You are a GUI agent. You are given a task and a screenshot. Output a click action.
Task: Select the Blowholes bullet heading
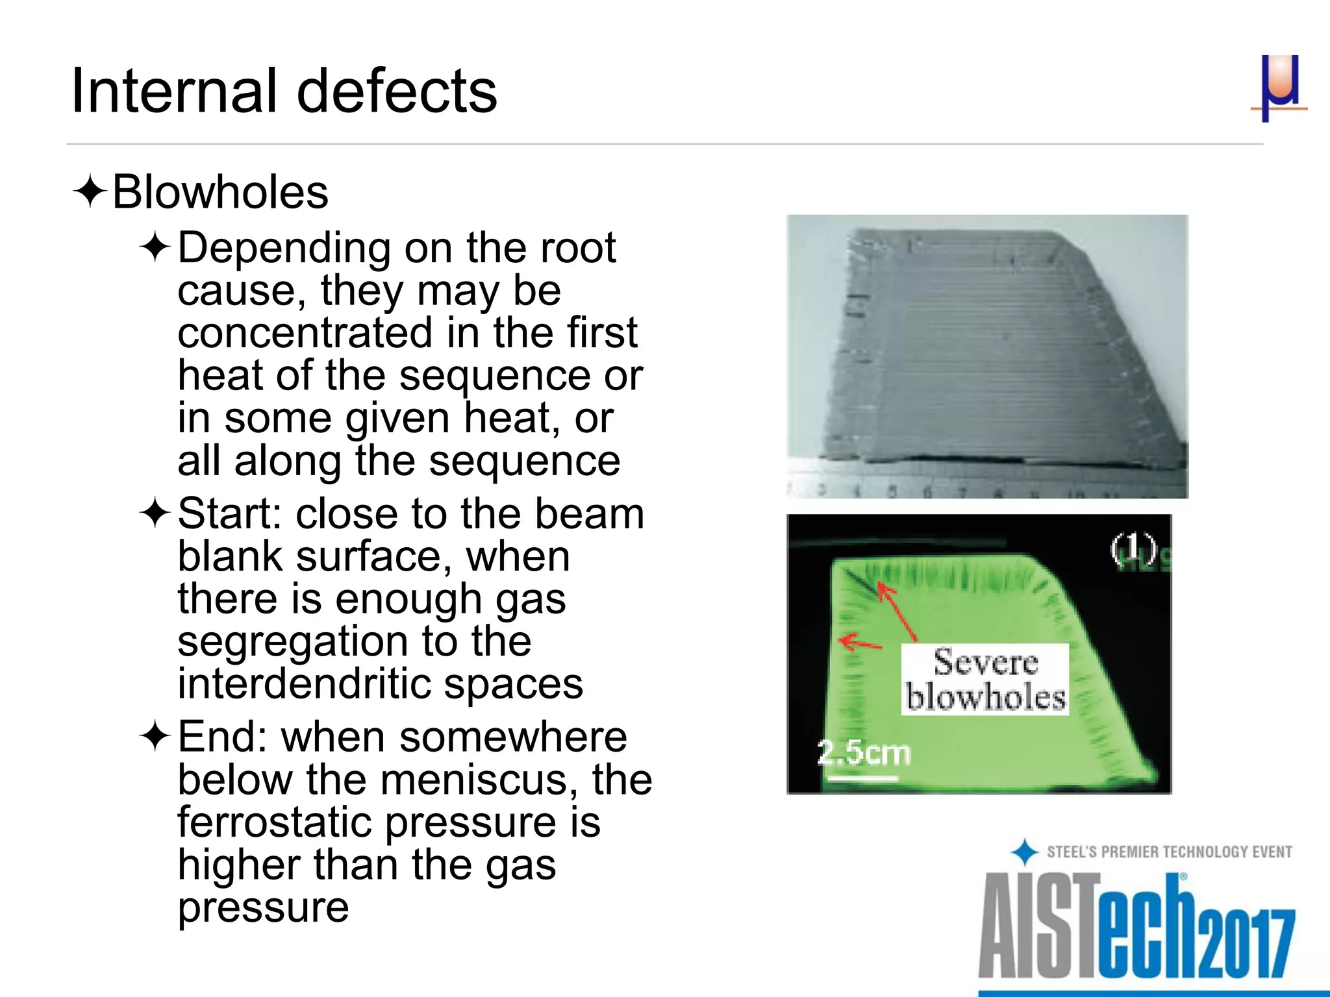tap(220, 192)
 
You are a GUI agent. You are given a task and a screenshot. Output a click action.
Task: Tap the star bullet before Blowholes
tap(90, 192)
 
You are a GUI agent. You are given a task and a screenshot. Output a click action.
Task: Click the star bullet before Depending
tap(155, 248)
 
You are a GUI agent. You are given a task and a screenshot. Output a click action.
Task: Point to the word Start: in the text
tap(230, 513)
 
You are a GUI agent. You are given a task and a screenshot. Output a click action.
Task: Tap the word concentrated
tap(305, 332)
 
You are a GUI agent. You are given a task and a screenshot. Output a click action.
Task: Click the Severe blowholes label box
tap(985, 680)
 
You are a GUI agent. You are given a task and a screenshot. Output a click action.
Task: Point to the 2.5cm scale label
tap(863, 753)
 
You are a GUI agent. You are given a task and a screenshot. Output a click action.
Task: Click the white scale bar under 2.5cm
tap(863, 777)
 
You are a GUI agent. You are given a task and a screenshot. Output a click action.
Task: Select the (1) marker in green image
tap(1133, 549)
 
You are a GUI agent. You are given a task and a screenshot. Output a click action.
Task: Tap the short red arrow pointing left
tap(860, 643)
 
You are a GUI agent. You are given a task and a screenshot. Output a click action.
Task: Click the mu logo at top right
tap(1278, 88)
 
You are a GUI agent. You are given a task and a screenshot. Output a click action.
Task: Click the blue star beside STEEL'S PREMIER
tap(1025, 852)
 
